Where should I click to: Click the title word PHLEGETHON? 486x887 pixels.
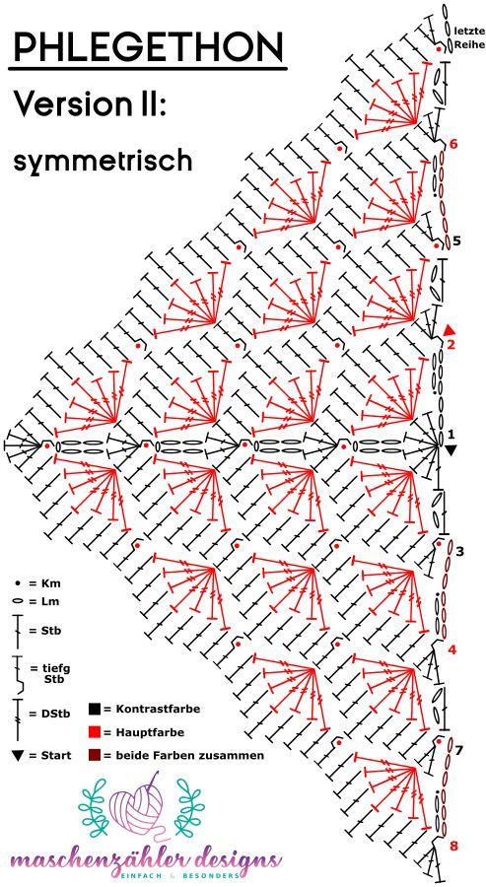[148, 46]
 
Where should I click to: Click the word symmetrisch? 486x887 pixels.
[103, 162]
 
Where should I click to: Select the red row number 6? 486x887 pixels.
[453, 144]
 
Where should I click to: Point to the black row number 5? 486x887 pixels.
[456, 240]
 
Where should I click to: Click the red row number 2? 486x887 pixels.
[451, 344]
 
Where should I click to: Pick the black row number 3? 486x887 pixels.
[459, 550]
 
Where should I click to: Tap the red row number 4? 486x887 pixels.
[451, 649]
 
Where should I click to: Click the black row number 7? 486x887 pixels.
[459, 750]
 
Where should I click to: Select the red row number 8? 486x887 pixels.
[453, 847]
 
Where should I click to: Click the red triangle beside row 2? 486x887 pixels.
[451, 330]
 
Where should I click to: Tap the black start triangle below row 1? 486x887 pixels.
[451, 450]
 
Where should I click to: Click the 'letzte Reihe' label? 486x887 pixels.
[468, 36]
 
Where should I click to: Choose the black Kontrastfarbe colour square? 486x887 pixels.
[95, 709]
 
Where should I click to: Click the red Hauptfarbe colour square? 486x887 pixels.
[95, 732]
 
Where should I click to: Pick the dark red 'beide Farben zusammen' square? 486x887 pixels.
[95, 755]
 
